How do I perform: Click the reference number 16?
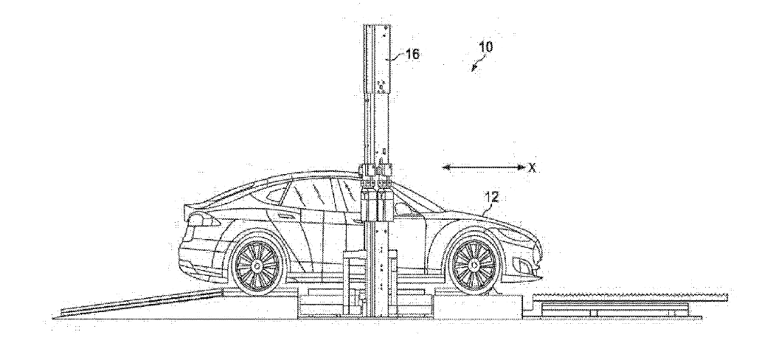412,54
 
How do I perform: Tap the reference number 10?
485,47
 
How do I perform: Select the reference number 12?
491,198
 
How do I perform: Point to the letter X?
532,168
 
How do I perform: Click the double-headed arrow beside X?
484,167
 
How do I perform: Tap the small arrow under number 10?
476,65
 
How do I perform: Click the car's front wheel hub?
474,266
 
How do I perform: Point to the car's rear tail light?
201,220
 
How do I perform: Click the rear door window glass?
308,193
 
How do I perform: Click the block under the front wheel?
476,305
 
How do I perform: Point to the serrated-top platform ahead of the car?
630,297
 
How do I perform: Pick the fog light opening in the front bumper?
524,266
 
